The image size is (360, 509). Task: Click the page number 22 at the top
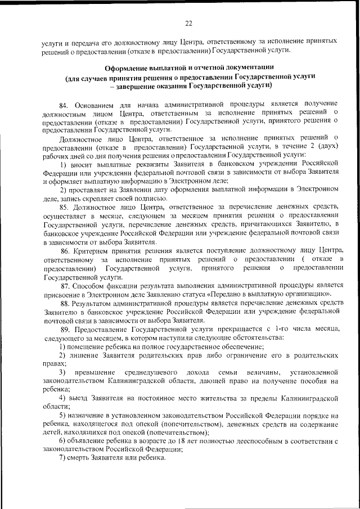click(188, 22)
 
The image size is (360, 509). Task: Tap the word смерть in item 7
click(82, 459)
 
